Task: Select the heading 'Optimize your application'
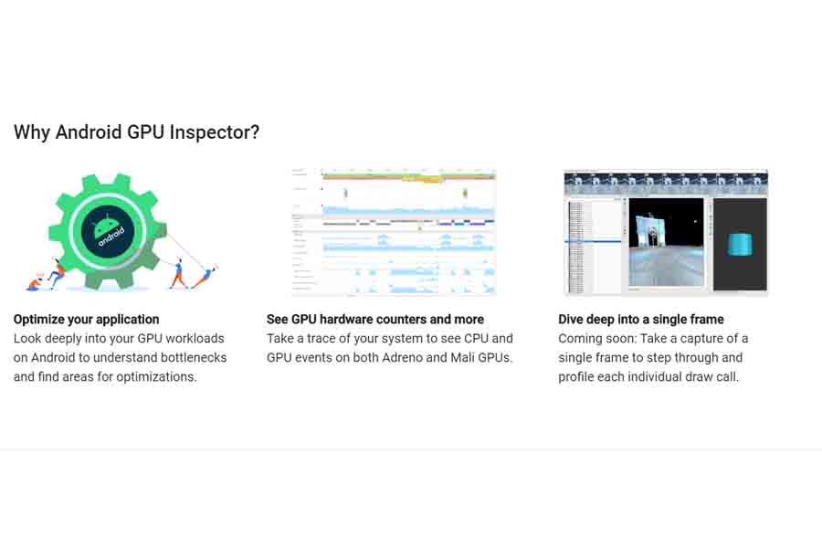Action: (x=86, y=320)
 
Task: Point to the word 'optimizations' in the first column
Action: (x=153, y=376)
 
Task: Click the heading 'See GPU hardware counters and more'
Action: (x=374, y=320)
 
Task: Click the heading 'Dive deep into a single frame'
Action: (x=640, y=320)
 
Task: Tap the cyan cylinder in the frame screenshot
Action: (x=739, y=244)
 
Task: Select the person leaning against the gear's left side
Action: (x=58, y=271)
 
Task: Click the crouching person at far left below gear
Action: (x=35, y=282)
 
